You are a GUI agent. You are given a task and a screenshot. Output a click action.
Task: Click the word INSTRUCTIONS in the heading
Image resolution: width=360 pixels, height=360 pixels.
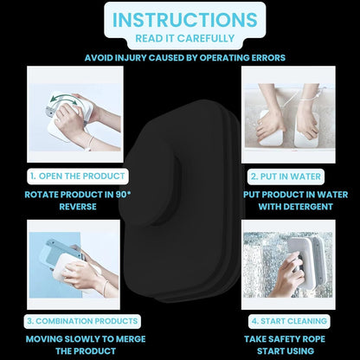click(x=184, y=19)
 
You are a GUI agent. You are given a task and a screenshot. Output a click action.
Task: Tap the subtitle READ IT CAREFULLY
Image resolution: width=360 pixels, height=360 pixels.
click(x=185, y=38)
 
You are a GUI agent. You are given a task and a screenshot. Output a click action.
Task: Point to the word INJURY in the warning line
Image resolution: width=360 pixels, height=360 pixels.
click(x=131, y=58)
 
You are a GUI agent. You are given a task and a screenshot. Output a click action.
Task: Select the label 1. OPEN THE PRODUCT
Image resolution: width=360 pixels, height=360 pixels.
click(x=78, y=177)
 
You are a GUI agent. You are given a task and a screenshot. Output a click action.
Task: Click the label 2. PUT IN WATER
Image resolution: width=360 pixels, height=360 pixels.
click(x=286, y=177)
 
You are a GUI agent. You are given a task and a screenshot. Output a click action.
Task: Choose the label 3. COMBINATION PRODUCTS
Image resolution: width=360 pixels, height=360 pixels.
click(x=82, y=321)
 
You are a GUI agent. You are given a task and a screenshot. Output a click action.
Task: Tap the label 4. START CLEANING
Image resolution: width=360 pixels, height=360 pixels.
click(x=289, y=321)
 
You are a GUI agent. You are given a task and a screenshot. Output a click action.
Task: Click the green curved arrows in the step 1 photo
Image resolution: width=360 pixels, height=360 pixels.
click(x=63, y=100)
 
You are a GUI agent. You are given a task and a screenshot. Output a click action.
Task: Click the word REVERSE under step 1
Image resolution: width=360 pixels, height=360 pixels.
click(x=78, y=207)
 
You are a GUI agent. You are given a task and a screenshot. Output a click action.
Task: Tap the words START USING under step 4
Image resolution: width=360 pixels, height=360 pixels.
click(x=286, y=351)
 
